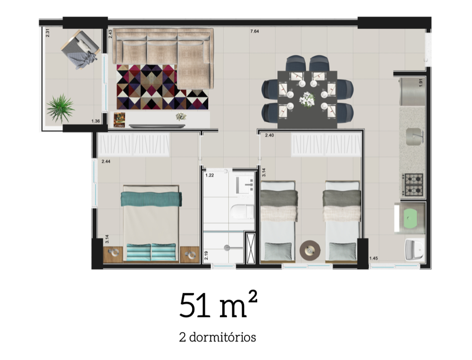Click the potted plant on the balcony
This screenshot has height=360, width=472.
pos(60,108)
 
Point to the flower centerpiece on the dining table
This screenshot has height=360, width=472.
pos(307,99)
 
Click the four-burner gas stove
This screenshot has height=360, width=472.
pos(412,185)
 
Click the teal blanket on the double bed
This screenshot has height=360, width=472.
pos(151,199)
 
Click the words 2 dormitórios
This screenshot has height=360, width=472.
pos(218,338)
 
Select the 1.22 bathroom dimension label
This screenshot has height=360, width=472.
pos(209,175)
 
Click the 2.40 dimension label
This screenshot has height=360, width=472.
pos(270,136)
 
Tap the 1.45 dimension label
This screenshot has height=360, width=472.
pos(373,258)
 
